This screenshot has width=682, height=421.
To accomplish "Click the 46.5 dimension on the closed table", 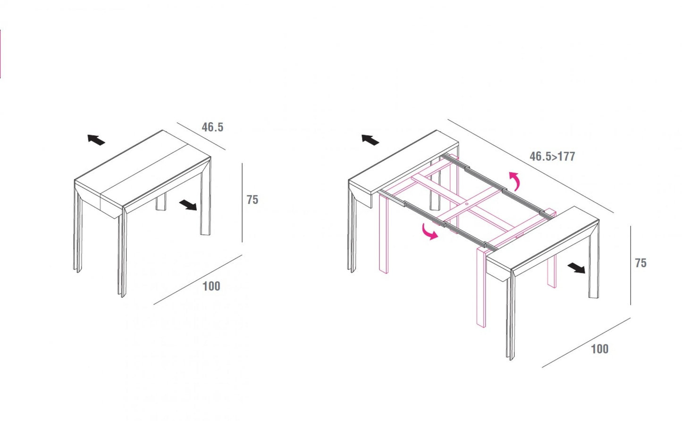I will tap(212, 127).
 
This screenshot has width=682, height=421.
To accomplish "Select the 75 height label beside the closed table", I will tap(253, 200).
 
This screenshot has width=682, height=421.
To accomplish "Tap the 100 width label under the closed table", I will tap(211, 286).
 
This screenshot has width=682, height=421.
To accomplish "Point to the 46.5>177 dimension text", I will tap(552, 156).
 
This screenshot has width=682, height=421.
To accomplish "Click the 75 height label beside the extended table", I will tap(640, 263).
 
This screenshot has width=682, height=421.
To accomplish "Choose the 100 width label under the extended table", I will tap(599, 349).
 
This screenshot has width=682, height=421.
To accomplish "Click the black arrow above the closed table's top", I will tap(96, 140).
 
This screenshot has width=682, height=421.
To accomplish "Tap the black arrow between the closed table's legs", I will tap(188, 205).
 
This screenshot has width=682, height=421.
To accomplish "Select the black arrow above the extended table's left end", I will tap(370, 140).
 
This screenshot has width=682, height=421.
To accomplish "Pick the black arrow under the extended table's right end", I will tap(576, 268).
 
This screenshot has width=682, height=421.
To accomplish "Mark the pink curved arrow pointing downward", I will tap(429, 231).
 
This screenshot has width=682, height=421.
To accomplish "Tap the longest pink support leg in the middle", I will tap(481, 288).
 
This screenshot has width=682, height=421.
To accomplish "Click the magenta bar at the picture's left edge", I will tap(0, 53).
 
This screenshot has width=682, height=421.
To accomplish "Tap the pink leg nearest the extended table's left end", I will tap(383, 236).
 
